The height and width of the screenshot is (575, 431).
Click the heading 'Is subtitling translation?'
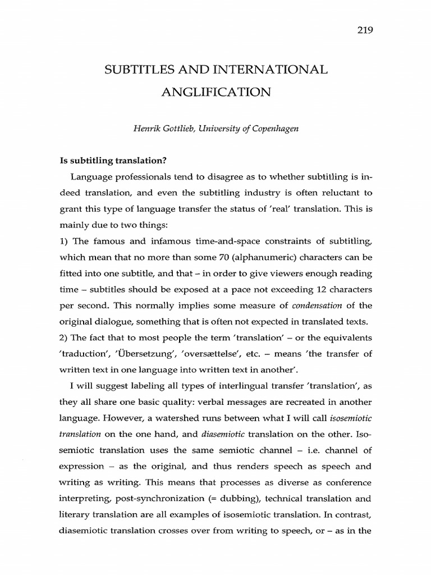point(113,160)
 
